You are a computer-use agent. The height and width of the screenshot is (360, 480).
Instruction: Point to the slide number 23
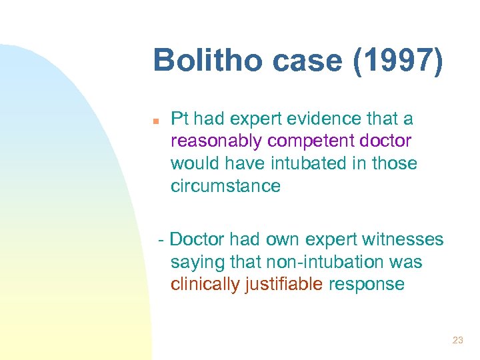pos(457,340)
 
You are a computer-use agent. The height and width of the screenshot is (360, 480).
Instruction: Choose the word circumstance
pos(225,185)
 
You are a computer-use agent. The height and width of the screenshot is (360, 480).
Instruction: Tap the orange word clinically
pos(205,284)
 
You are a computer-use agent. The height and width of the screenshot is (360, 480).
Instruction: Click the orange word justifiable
pos(284,284)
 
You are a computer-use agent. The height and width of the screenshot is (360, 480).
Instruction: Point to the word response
pos(366,284)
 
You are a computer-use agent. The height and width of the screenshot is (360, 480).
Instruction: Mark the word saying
pos(193,262)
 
